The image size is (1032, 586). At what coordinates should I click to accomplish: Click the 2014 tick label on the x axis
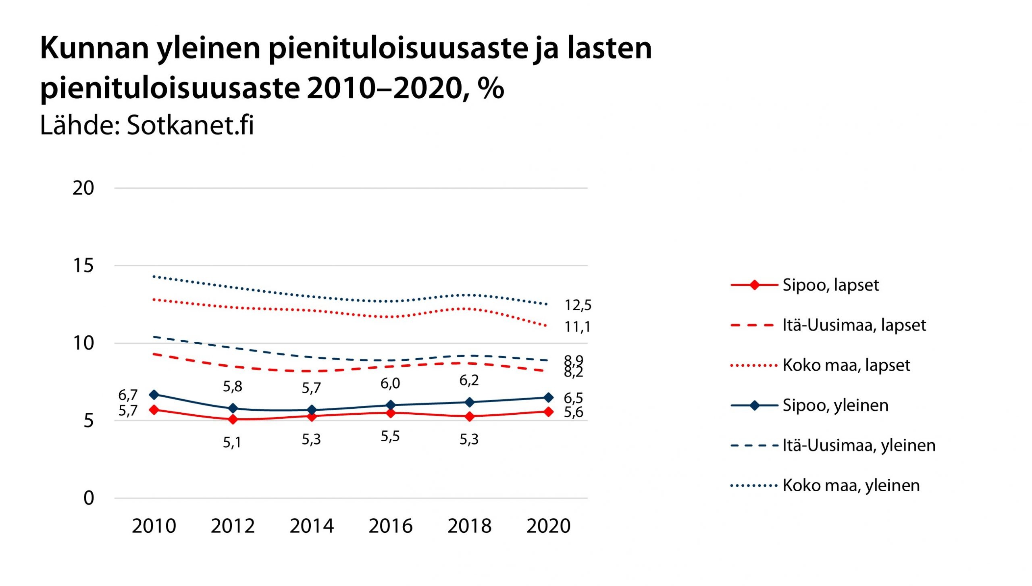pos(312,526)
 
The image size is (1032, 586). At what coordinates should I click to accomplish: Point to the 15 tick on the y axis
pos(83,266)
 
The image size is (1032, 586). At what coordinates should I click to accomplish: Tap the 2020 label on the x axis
pos(548,526)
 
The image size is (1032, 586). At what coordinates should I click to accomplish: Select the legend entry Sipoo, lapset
pos(830,285)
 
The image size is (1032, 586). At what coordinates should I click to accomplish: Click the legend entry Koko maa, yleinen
pos(851,485)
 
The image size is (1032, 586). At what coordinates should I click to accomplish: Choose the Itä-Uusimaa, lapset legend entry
pos(854,325)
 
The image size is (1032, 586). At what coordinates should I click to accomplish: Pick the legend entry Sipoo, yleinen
pos(835,405)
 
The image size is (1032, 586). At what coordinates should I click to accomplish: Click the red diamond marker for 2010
pos(154,410)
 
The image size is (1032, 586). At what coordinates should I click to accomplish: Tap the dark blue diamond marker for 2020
pos(548,398)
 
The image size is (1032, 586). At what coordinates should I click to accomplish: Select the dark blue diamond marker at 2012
pos(233,409)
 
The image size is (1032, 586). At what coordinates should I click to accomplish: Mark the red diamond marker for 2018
pos(470,416)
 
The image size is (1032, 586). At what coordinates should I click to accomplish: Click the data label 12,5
pos(578,305)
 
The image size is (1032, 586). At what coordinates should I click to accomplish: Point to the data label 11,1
pos(577,326)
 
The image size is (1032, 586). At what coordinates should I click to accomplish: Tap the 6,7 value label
pos(128,395)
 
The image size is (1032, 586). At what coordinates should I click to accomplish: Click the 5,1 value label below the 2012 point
pos(232,443)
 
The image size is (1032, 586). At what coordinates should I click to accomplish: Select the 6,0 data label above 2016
pos(390,383)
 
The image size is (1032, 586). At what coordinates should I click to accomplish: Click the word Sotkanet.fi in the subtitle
pos(190,125)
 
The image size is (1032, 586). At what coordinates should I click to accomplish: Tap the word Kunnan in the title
pos(94,48)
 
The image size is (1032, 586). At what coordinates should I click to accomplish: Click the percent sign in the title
pos(491,88)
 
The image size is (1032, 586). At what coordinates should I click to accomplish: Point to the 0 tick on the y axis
pos(89,498)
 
